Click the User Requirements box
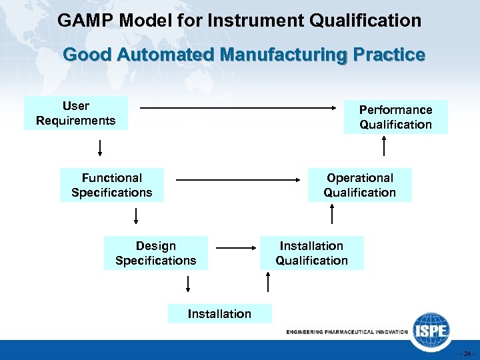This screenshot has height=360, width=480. click(x=76, y=113)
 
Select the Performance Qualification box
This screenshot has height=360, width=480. click(x=395, y=117)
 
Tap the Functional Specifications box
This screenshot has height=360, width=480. click(x=112, y=185)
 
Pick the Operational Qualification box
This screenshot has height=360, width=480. click(x=360, y=185)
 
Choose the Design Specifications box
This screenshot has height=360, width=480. click(x=156, y=253)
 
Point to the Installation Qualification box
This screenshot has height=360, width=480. click(x=312, y=253)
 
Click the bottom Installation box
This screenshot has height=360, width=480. click(x=220, y=313)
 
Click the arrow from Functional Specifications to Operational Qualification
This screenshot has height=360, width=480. click(x=240, y=179)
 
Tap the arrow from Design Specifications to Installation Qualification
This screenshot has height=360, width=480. click(x=237, y=248)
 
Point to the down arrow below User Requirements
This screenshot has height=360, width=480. click(x=101, y=147)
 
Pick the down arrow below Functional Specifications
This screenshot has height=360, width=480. click(x=136, y=215)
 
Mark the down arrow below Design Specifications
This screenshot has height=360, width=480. click(x=188, y=284)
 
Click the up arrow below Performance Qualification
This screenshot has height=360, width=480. click(x=384, y=146)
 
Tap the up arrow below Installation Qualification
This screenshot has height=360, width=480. click(x=268, y=283)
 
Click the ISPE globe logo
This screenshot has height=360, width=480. click(x=429, y=329)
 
